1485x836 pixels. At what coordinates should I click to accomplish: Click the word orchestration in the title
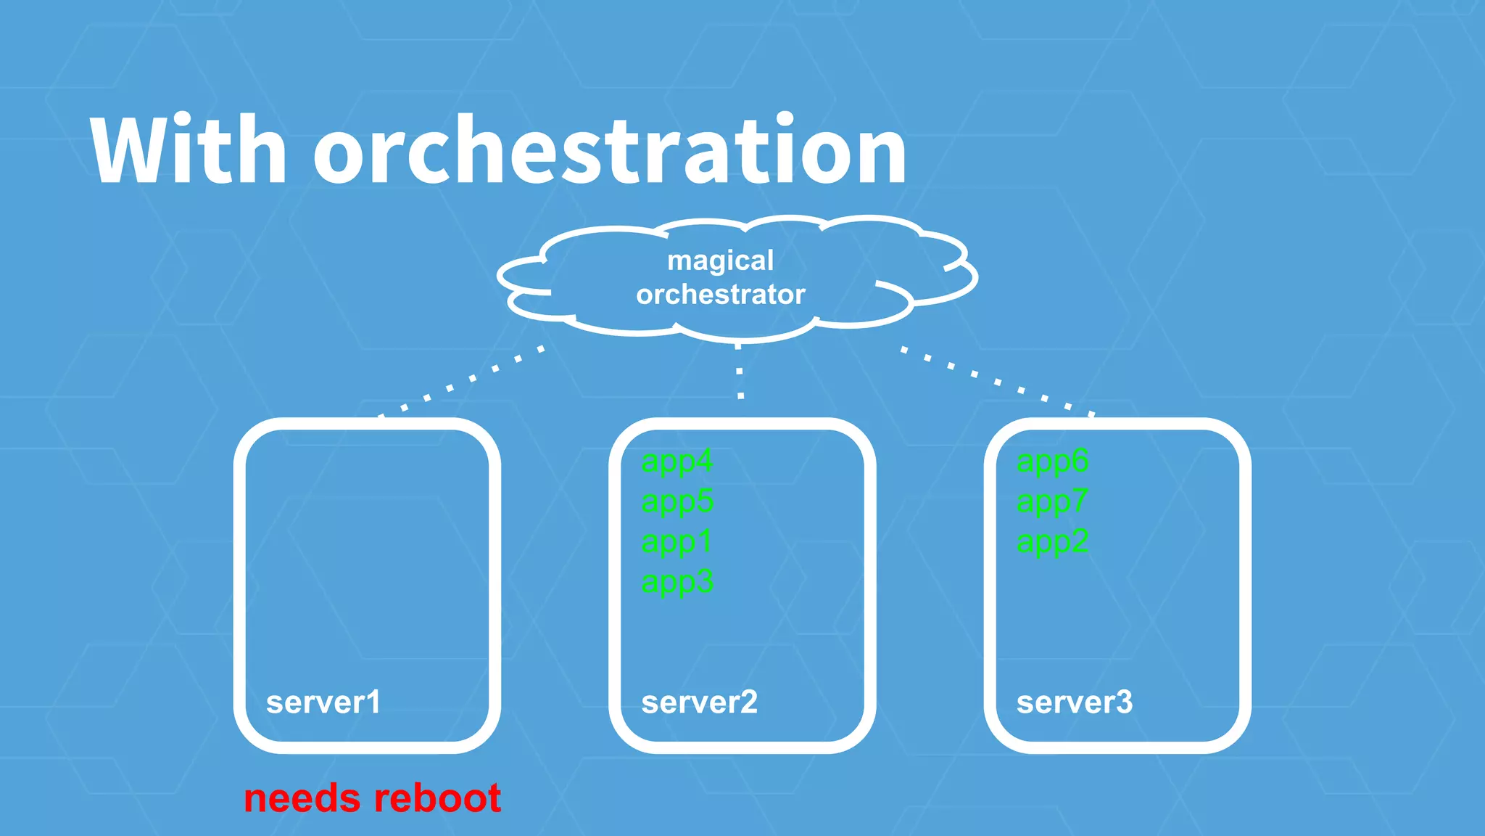pos(609,151)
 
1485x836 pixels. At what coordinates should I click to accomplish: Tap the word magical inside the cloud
pos(720,261)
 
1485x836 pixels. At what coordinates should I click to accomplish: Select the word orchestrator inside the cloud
pos(720,295)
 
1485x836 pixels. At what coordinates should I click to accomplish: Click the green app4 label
pos(677,462)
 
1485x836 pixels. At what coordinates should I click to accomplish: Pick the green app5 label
pos(677,501)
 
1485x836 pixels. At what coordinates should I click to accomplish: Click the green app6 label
pos(1052,462)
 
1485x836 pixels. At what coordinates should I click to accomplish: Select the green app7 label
pos(1051,501)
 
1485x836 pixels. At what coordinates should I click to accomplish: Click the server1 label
pos(323,702)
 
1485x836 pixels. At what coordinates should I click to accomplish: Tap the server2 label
pos(699,702)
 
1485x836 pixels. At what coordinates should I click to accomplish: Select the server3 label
pos(1074,702)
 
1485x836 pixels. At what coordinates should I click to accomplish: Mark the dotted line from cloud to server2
pos(740,372)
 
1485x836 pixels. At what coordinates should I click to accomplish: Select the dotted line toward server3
pos(998,381)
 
